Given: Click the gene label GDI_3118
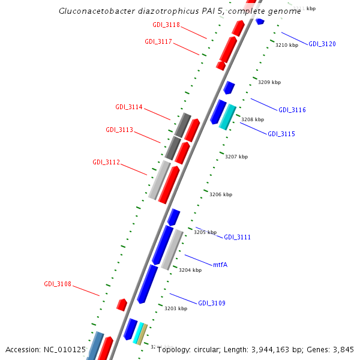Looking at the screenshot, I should (166, 25).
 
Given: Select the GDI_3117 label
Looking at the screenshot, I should (158, 42).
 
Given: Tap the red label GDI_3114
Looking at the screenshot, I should (129, 107).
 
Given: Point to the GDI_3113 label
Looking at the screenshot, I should (119, 130).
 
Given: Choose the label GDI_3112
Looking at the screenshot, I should (106, 163).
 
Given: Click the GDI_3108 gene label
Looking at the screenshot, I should (58, 284).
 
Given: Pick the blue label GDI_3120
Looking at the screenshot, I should (322, 44).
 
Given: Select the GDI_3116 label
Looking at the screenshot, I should (292, 110).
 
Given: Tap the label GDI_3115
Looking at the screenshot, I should (281, 134).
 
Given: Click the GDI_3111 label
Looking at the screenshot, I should (237, 238).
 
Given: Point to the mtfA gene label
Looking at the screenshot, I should (220, 265).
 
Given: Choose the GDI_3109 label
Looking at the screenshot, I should (212, 304).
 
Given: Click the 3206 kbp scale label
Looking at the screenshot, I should (220, 195).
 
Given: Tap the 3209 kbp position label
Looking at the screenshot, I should (269, 83).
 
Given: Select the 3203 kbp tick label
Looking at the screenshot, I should (176, 308).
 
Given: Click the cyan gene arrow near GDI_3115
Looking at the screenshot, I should (226, 116).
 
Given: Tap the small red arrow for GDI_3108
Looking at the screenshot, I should (121, 305).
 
